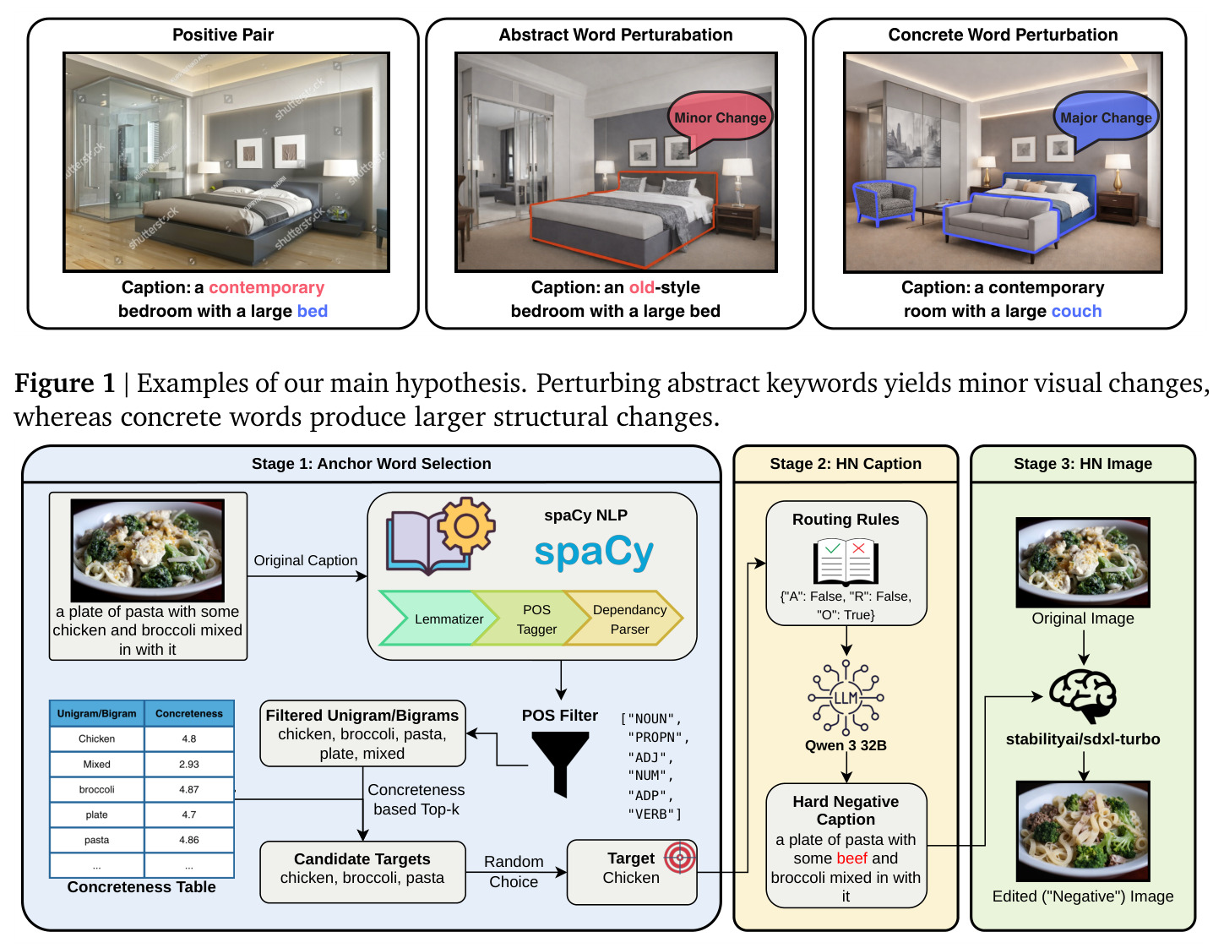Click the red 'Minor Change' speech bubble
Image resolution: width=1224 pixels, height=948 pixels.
coord(720,118)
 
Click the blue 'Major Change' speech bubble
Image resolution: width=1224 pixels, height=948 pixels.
coord(1105,118)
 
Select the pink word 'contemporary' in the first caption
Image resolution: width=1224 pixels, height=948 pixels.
coord(266,288)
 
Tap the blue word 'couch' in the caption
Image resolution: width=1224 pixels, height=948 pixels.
coord(1076,311)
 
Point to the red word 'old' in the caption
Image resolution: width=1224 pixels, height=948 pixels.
coord(642,288)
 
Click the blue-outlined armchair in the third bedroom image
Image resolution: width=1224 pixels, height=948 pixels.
coord(884,203)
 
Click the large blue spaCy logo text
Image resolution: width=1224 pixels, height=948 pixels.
coord(594,553)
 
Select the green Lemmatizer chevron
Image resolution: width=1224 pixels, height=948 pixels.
coord(439,618)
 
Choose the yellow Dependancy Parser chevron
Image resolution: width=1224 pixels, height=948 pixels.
coord(625,618)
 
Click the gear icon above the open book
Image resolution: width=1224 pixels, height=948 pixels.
coord(465,526)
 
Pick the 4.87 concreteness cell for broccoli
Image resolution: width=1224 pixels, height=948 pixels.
coord(188,790)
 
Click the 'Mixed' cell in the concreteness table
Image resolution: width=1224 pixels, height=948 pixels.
coord(97,765)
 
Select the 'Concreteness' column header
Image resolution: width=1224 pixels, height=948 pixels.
coord(188,714)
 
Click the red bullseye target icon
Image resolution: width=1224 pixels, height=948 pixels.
coord(680,858)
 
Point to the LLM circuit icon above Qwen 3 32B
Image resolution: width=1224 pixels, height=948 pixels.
coord(846,698)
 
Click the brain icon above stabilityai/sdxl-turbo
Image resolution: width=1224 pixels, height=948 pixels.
coord(1083,695)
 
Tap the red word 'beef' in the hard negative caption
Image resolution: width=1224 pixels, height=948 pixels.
coord(851,858)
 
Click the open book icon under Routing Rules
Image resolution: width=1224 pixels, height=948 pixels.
coord(846,562)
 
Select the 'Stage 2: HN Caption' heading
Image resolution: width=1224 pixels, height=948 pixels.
coord(846,464)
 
